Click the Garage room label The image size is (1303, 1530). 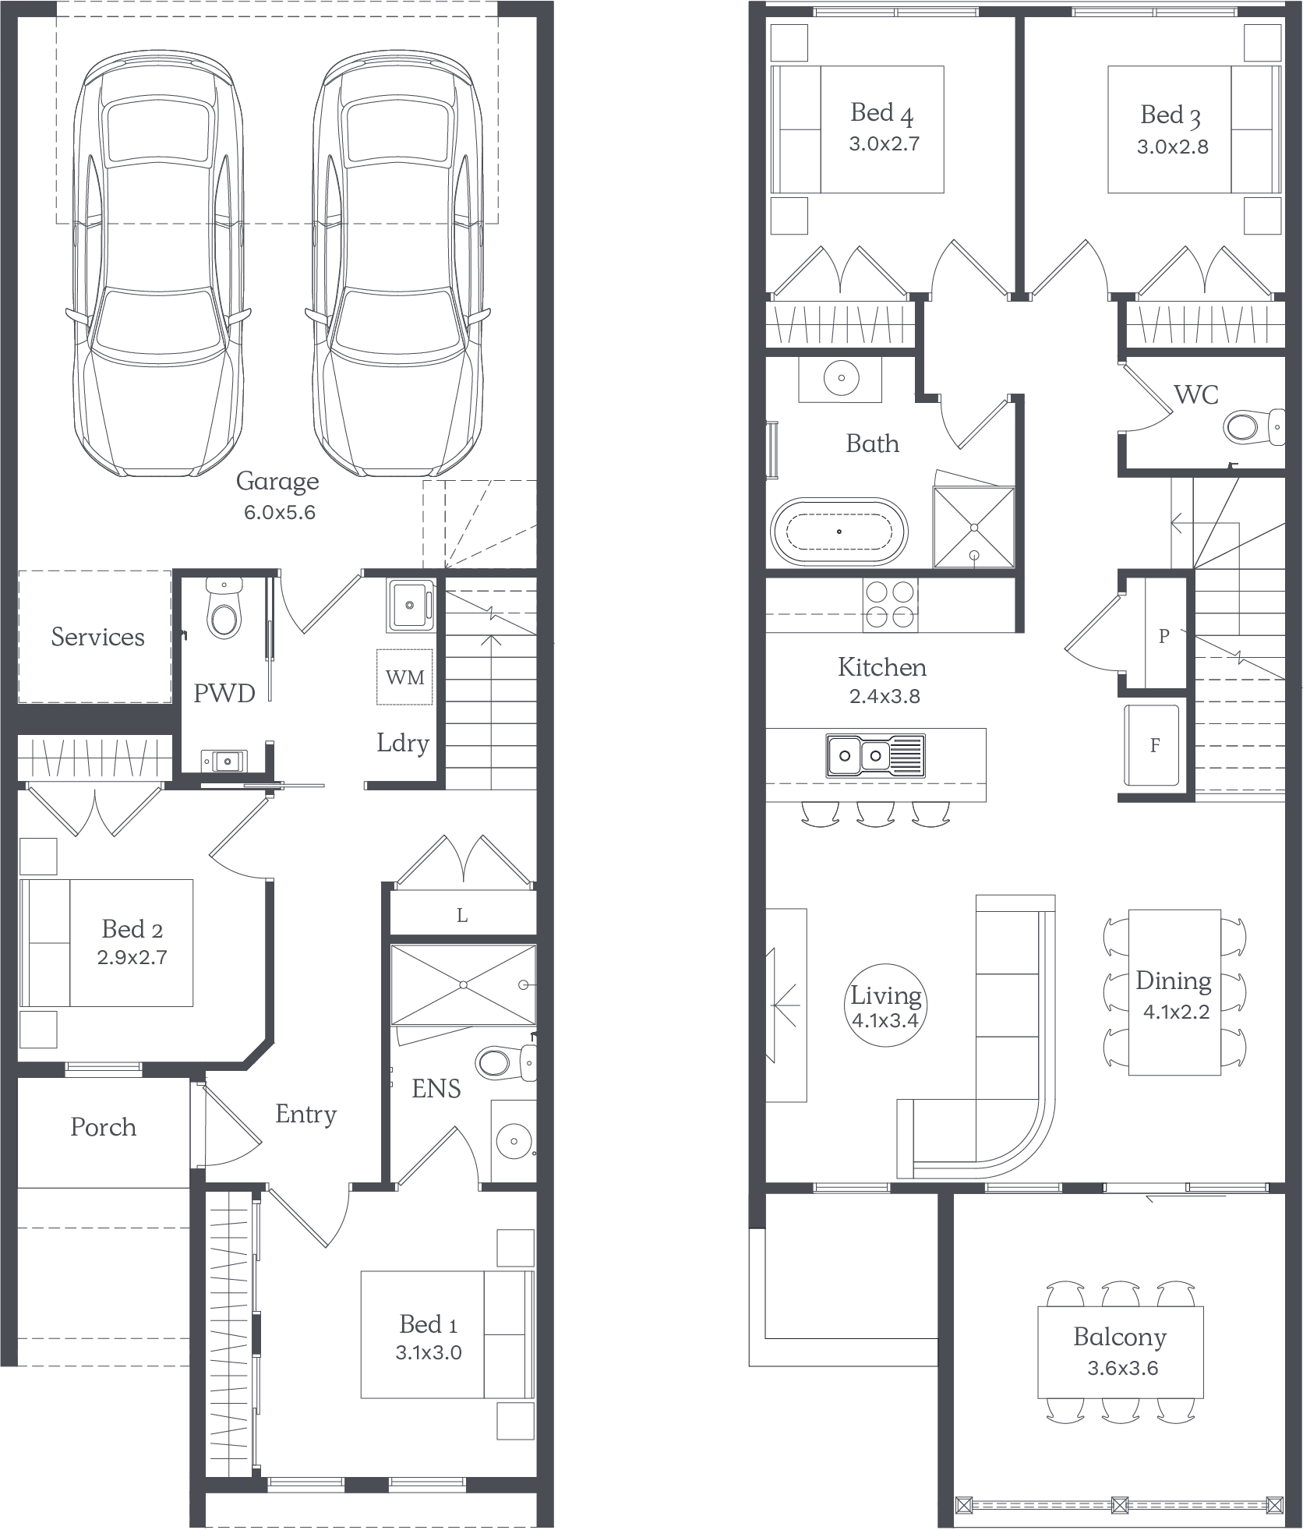pos(277,481)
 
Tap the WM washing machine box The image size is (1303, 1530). pos(405,677)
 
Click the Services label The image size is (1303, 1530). pos(97,637)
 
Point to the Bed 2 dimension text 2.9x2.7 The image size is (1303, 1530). pos(132,957)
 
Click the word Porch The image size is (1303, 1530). pos(103,1127)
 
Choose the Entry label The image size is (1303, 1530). pos(305,1115)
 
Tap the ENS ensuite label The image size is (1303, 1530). pos(436,1089)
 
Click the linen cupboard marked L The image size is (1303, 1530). pos(462,916)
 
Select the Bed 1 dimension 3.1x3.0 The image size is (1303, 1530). pos(428,1353)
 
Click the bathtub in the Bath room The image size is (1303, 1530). pos(839,532)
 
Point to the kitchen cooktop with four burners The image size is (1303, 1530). pos(890,604)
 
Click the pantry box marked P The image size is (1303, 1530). pos(1164,636)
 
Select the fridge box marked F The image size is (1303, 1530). pos(1155,745)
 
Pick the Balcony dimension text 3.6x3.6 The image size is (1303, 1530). pos(1122,1369)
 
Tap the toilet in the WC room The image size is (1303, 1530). pos(1252,427)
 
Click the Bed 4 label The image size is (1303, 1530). pos(881,113)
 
